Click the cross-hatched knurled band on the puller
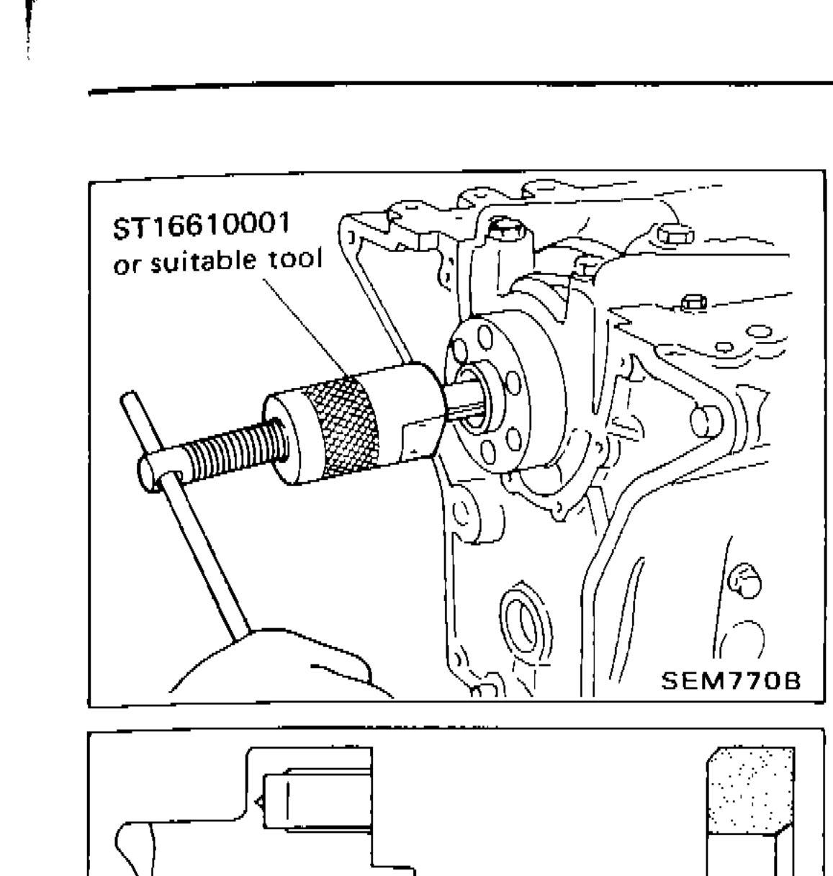346,425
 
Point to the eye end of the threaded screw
155,476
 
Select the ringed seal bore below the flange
519,618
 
